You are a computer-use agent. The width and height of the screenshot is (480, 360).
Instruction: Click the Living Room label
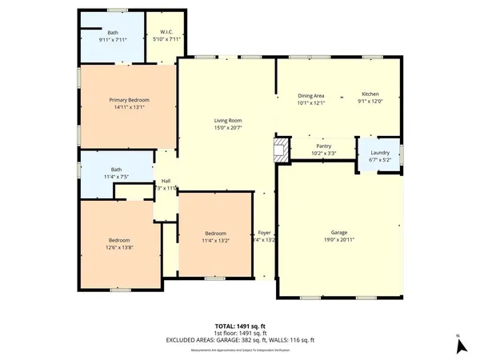point(228,121)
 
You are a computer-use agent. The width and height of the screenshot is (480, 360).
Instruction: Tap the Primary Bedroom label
point(130,100)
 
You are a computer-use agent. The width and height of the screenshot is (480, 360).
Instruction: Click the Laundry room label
point(380,152)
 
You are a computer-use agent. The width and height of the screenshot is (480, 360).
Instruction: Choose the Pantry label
point(323,146)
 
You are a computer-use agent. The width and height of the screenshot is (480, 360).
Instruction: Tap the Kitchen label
point(370,94)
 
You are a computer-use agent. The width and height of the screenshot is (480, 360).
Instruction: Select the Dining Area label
point(311,94)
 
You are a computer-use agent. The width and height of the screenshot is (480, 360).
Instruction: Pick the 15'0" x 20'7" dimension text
point(228,128)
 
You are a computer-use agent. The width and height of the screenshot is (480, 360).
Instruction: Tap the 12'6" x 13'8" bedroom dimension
point(120,248)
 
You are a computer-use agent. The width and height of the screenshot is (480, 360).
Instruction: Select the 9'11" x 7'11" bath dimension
point(113,40)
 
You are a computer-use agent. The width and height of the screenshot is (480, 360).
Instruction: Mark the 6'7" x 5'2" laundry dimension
point(380,159)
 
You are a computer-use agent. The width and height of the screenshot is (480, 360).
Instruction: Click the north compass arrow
point(460,346)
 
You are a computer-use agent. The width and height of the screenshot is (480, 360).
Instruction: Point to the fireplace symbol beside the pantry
point(279,148)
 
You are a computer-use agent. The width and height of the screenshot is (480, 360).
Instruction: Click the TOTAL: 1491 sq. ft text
point(240,326)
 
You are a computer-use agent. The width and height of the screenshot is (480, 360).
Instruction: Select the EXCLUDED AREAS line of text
point(240,340)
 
